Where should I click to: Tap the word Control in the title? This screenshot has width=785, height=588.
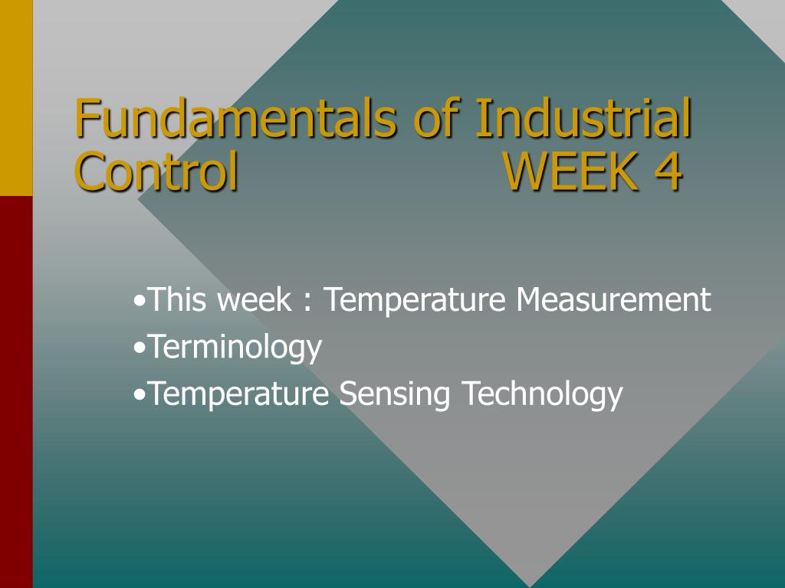[156, 171]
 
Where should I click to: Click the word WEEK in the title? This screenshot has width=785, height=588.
[571, 171]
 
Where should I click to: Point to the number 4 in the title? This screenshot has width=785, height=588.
[668, 171]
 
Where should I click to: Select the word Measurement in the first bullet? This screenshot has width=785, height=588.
[613, 299]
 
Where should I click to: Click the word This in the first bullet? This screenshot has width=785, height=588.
[177, 299]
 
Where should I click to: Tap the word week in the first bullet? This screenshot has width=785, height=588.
[255, 300]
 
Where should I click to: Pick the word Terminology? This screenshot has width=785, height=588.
[235, 348]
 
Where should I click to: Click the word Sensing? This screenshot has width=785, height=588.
[395, 394]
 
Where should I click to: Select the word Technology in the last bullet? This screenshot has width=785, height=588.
[542, 394]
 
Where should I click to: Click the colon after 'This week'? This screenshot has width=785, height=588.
[307, 302]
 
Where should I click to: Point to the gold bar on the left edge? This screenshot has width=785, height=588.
[16, 98]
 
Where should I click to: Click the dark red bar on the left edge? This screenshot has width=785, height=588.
[16, 392]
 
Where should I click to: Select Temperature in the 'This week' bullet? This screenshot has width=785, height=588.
[415, 300]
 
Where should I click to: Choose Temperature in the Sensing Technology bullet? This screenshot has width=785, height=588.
[238, 394]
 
